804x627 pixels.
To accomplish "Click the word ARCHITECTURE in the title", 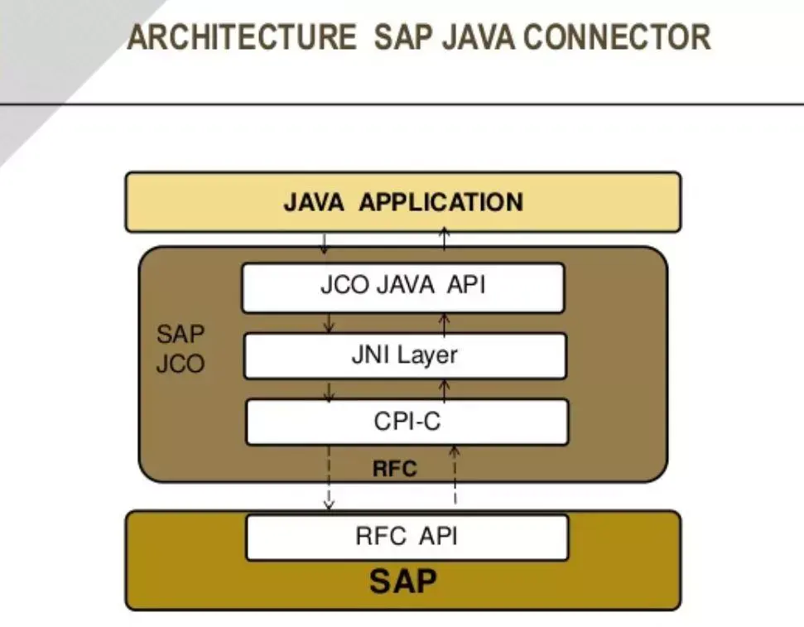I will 241,37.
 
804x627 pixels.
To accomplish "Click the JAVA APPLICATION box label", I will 402,202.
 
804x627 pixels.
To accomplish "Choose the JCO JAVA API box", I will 402,287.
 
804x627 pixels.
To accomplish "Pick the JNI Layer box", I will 404,355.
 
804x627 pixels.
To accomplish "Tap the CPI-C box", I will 406,422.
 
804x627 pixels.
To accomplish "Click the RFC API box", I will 406,537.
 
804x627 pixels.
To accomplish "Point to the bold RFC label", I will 394,469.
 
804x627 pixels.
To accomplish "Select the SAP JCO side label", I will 181,349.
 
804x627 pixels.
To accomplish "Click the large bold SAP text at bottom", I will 402,581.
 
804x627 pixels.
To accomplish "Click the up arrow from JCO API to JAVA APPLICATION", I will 445,239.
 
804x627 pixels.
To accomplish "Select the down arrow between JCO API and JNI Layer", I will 328,323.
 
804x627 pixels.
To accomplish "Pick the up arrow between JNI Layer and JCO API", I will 445,322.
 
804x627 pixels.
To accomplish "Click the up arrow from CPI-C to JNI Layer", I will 445,388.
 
